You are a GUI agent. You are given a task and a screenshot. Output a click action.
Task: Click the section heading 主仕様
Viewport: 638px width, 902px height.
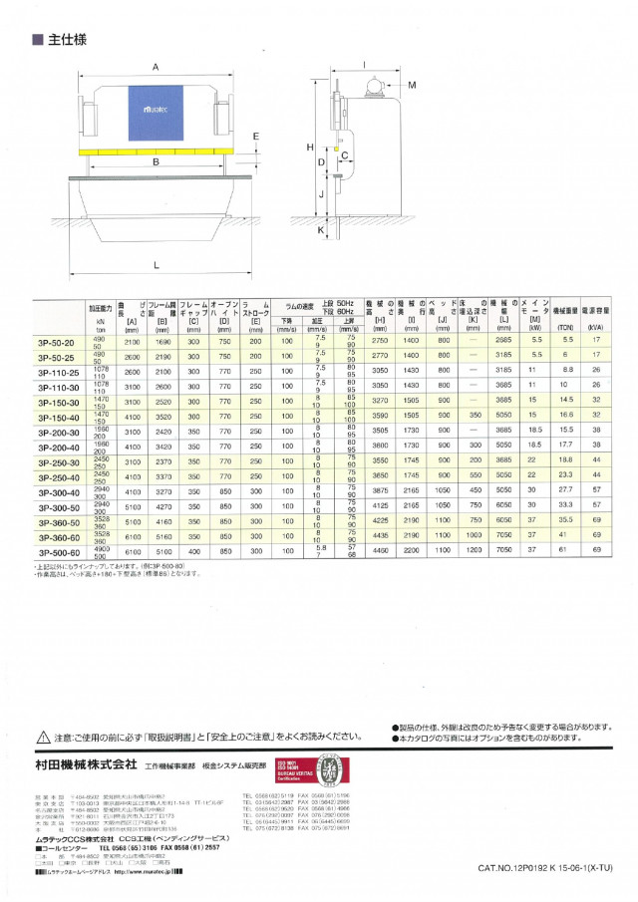(x=69, y=41)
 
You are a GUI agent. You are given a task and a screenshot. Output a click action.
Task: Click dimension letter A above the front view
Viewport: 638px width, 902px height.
(x=157, y=67)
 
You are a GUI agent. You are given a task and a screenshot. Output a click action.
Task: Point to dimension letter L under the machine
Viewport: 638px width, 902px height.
(x=157, y=265)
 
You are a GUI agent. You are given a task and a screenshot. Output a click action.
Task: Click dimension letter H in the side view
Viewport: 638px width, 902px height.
(x=311, y=147)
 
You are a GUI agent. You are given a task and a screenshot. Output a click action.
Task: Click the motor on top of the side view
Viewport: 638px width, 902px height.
(x=376, y=88)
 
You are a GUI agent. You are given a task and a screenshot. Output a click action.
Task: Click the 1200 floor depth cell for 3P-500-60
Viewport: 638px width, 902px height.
(x=470, y=552)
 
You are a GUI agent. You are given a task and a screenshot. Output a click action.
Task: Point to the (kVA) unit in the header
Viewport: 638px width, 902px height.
(x=596, y=326)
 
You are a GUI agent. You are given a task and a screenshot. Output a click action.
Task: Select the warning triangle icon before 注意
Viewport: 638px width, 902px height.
(x=43, y=737)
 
